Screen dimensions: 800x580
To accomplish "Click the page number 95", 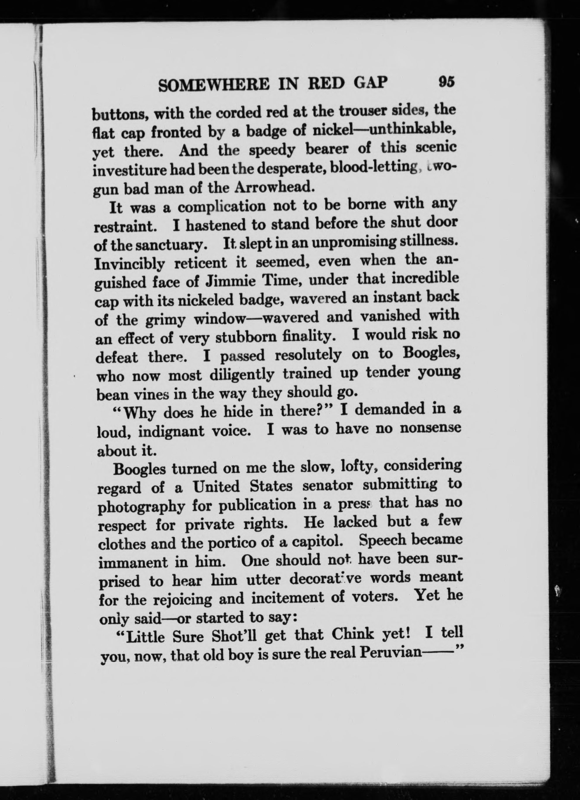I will pyautogui.click(x=447, y=82).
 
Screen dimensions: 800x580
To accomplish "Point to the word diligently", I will pyautogui.click(x=242, y=375).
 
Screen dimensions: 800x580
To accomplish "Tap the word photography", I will pyautogui.click(x=141, y=507).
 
